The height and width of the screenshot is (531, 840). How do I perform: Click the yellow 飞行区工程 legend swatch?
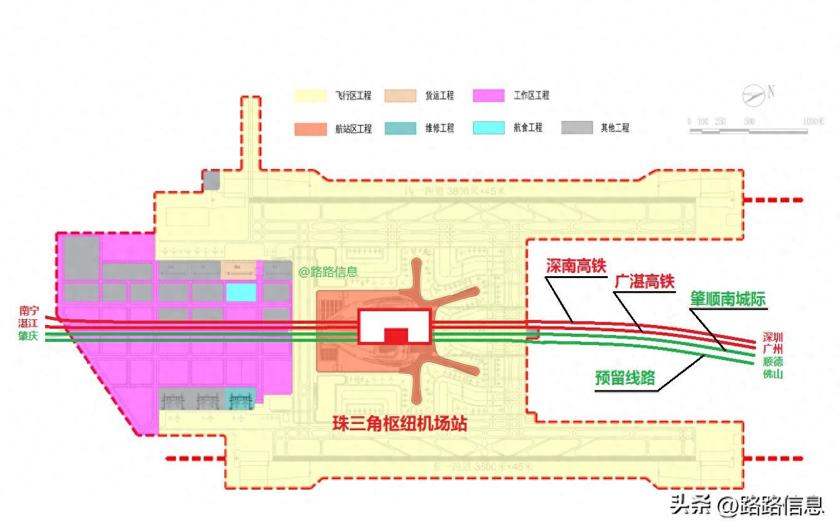pyautogui.click(x=310, y=95)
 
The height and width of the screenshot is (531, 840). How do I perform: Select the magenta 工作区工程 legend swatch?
pyautogui.click(x=488, y=95)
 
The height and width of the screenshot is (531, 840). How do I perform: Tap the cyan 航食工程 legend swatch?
pyautogui.click(x=488, y=127)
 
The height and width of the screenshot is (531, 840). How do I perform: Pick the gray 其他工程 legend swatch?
pyautogui.click(x=576, y=127)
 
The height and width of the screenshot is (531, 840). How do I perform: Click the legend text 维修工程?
pyautogui.click(x=439, y=128)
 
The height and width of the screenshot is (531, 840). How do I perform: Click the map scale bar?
pyautogui.click(x=748, y=131)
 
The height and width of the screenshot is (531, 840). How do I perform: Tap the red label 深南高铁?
pyautogui.click(x=576, y=265)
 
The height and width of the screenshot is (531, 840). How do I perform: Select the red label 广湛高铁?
pyautogui.click(x=644, y=282)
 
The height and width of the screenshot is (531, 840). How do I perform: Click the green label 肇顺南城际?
pyautogui.click(x=727, y=299)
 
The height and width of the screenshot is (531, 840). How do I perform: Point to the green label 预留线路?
pyautogui.click(x=625, y=378)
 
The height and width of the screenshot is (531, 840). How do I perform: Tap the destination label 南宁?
pyautogui.click(x=29, y=310)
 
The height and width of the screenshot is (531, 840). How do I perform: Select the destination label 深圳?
pyautogui.click(x=772, y=336)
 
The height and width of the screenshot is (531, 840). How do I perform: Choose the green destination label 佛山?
pyautogui.click(x=772, y=374)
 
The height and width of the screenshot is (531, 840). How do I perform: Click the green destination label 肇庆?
pyautogui.click(x=29, y=336)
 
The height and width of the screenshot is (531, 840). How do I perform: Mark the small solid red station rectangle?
pyautogui.click(x=396, y=336)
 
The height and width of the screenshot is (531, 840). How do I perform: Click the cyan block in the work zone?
pyautogui.click(x=241, y=292)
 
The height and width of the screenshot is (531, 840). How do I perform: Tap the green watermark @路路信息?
pyautogui.click(x=327, y=272)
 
